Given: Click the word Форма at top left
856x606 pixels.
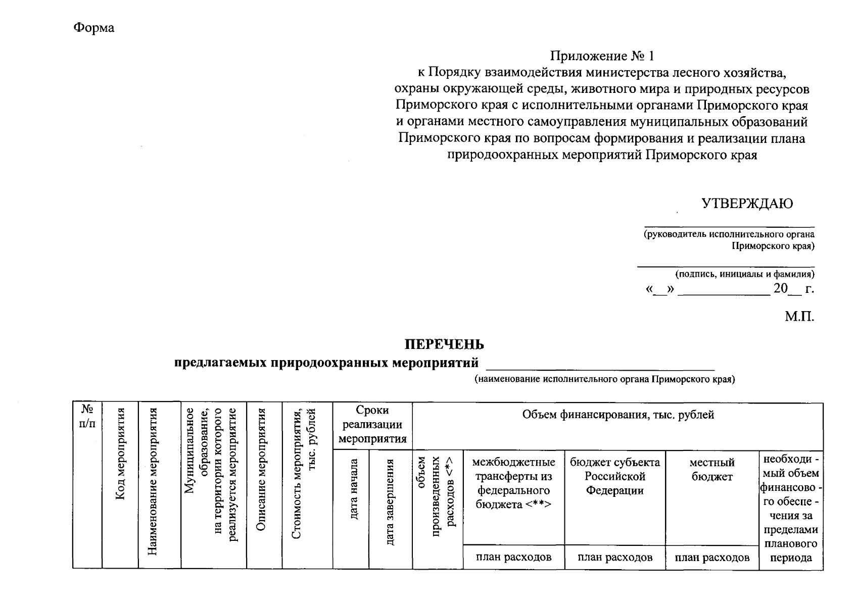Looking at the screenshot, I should tap(94, 28).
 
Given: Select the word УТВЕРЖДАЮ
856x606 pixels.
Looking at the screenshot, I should tap(747, 204).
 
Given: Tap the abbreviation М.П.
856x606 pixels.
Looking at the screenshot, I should tap(799, 317).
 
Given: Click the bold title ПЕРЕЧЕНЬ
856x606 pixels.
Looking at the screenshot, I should tap(444, 344).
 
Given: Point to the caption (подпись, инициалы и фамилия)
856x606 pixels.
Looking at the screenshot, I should tap(745, 274).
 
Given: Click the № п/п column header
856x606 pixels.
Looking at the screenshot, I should tap(87, 416).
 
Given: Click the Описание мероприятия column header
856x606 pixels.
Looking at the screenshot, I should tap(261, 469).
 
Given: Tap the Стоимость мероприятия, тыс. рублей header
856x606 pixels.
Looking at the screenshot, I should tap(304, 474).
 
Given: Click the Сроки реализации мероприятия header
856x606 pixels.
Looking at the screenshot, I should tap(372, 424).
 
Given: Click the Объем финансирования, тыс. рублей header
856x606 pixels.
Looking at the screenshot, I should tap(617, 415).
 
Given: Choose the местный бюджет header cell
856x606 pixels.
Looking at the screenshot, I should tap(711, 470).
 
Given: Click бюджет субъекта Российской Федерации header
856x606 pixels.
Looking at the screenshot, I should tap(614, 476).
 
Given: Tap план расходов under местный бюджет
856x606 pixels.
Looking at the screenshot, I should tap(711, 558).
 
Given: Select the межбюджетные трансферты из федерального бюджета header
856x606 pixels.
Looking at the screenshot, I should tap(513, 483).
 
